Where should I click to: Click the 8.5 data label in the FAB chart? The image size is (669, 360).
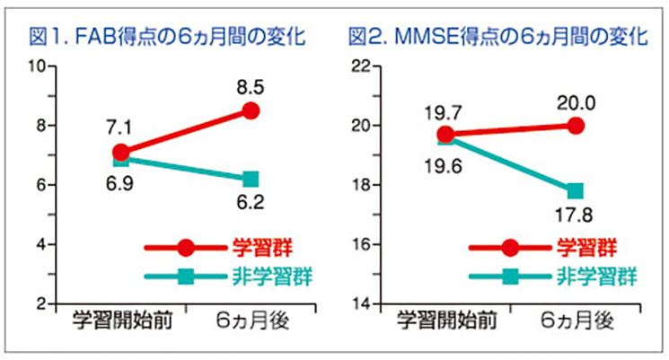(x=251, y=87)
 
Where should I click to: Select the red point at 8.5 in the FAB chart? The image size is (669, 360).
(x=251, y=110)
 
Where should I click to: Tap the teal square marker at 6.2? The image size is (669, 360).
(x=251, y=179)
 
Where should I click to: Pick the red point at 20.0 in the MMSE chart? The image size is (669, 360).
(x=577, y=126)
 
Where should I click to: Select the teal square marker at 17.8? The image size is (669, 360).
(x=576, y=190)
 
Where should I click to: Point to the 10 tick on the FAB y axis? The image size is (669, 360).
(x=37, y=66)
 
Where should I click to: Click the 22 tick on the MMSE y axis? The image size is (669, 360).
(x=360, y=66)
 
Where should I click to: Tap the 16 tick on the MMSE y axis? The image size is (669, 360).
(x=360, y=245)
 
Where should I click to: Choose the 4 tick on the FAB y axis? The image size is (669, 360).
(x=41, y=245)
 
